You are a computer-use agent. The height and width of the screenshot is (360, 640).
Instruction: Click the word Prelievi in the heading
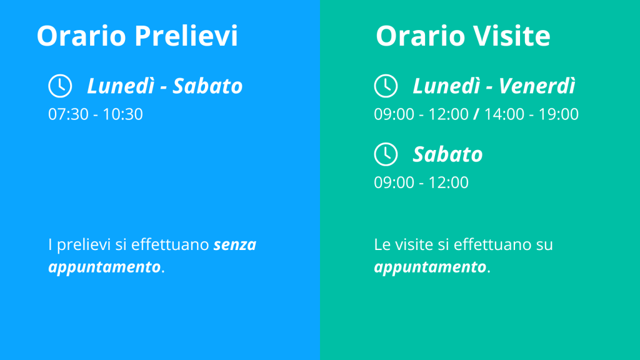click(x=186, y=36)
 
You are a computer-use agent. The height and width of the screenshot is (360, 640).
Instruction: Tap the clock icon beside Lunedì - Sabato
click(x=60, y=86)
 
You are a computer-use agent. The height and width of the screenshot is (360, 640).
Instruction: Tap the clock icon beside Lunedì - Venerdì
click(x=386, y=86)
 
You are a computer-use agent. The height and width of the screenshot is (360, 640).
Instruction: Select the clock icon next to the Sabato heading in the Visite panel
click(x=386, y=154)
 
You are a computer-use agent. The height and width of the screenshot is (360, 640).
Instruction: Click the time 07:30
click(x=68, y=114)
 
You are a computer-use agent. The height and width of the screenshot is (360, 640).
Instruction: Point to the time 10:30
click(x=122, y=114)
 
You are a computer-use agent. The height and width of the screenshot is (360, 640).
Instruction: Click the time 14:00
click(x=504, y=114)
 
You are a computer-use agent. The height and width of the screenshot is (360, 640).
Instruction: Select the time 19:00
click(x=558, y=114)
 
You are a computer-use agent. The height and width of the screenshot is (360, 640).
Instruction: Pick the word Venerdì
click(x=537, y=86)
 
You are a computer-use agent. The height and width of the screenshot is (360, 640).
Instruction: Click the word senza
click(x=235, y=245)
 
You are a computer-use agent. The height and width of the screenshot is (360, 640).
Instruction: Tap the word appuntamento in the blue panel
click(x=104, y=267)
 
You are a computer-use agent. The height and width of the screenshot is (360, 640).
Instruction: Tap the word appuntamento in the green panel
click(x=430, y=267)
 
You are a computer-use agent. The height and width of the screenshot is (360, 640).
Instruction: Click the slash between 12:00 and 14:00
click(x=476, y=114)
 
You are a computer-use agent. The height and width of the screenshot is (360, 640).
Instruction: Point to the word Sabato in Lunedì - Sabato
click(x=207, y=86)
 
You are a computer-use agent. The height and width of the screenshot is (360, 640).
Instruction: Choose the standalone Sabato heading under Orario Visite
click(x=447, y=155)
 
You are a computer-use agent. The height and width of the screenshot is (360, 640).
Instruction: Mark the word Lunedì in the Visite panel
click(x=446, y=86)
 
